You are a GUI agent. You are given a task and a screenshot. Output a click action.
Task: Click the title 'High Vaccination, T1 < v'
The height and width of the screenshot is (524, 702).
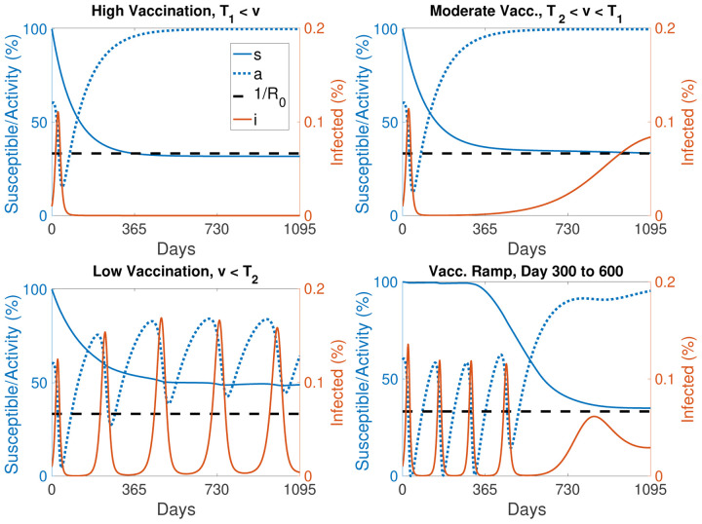(175, 11)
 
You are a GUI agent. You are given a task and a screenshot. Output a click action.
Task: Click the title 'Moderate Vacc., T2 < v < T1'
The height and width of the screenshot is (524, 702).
(526, 11)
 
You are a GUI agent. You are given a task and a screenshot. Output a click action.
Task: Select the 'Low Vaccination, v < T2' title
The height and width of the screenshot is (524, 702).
(175, 272)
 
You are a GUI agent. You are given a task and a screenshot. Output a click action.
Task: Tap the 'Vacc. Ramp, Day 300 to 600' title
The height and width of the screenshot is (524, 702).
(526, 272)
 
